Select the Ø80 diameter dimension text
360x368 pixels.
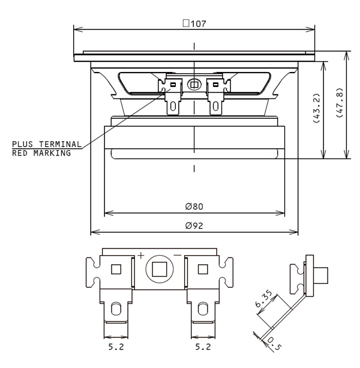[194, 207]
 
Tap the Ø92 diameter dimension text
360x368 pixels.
[194, 226]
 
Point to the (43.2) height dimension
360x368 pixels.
[316, 108]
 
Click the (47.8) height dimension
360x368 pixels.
[340, 103]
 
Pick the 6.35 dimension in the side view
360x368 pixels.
[263, 298]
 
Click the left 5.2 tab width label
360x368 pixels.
[116, 346]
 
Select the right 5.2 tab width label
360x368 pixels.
[203, 346]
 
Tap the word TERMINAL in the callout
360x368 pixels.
[60, 144]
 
